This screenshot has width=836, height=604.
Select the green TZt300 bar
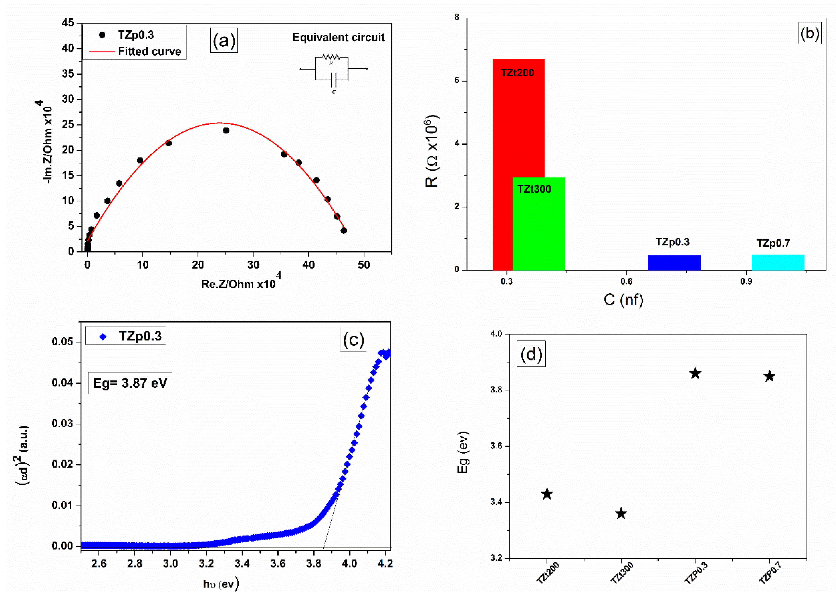point(539,229)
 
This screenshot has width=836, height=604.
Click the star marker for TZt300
point(621,514)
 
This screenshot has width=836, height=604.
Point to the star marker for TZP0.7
point(769,376)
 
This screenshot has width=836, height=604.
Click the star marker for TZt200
point(547,494)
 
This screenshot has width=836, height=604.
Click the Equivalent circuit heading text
point(338,37)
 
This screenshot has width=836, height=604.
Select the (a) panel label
point(224,40)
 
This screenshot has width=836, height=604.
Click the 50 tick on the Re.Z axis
point(364,265)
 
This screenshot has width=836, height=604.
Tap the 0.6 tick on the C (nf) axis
point(626,282)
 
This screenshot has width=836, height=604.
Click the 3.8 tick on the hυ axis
point(313,563)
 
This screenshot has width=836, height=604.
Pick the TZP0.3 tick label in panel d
point(696,573)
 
